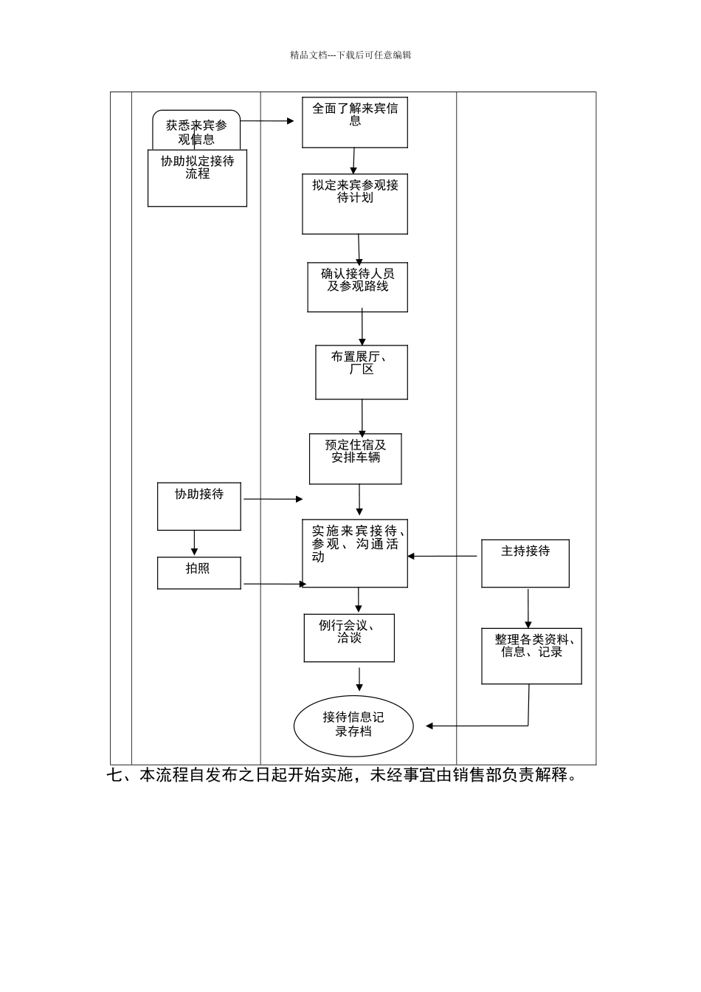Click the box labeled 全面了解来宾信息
(x=354, y=123)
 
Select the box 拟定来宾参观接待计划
(x=354, y=204)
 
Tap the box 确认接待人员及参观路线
(x=357, y=287)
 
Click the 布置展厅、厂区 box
(x=361, y=372)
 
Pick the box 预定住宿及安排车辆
(x=355, y=458)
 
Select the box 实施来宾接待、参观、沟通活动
(x=354, y=554)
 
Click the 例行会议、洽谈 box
(x=349, y=638)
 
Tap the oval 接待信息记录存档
(x=353, y=726)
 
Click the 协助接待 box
(x=198, y=506)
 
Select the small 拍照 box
(x=198, y=573)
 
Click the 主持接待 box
(x=525, y=563)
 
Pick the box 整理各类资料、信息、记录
(x=531, y=656)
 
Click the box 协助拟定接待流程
(x=197, y=179)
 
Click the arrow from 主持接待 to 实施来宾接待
(x=443, y=557)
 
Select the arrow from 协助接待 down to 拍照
(x=195, y=543)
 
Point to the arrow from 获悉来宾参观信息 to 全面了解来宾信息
(x=267, y=121)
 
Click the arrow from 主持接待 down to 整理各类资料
(x=528, y=608)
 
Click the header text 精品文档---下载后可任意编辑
(x=350, y=55)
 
